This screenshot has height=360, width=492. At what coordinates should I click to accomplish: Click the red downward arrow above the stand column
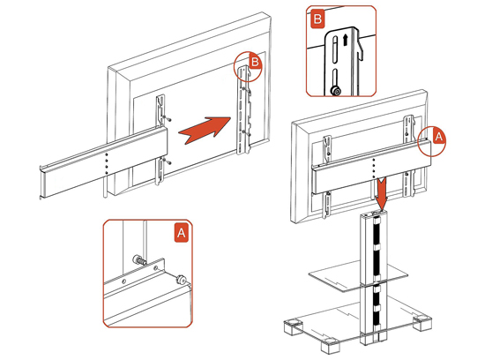382,193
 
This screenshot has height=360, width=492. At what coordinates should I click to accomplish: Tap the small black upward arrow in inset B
345,40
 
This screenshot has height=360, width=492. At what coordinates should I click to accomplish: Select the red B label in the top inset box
317,19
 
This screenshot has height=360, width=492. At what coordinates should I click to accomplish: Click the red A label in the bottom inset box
182,233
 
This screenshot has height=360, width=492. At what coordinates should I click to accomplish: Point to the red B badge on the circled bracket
256,62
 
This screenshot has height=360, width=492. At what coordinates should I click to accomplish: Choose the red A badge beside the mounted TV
439,137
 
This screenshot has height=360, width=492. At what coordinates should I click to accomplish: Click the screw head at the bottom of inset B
336,91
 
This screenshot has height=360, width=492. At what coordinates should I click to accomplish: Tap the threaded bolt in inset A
139,260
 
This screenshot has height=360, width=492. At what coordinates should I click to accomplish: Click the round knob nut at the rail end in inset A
181,279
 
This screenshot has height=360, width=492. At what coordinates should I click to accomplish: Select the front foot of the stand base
331,345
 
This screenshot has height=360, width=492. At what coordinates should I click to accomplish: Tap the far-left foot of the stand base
293,327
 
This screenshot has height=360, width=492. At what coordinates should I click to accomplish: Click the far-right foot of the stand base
422,322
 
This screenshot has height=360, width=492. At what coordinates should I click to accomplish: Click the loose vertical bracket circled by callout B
244,110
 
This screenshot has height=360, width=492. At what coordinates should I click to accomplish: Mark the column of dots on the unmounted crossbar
107,164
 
